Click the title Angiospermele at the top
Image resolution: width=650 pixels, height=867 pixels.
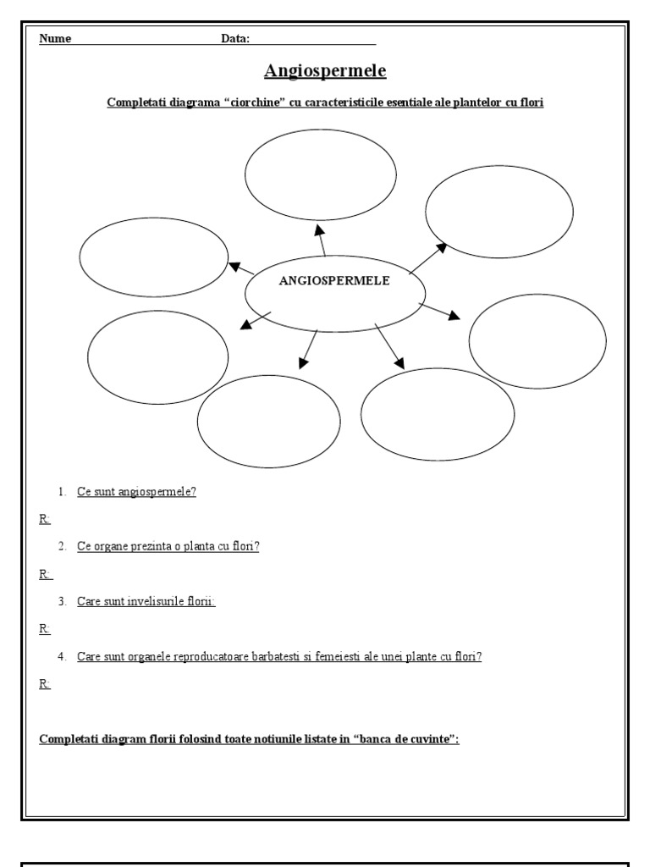pos(325,70)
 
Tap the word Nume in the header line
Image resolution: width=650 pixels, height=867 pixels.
pos(55,39)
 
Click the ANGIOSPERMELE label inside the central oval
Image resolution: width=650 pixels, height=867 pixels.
pos(334,281)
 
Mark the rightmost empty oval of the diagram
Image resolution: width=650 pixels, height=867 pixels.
pos(537,340)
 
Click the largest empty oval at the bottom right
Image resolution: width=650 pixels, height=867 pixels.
pos(438,414)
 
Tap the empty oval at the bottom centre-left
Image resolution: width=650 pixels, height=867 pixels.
pos(269,421)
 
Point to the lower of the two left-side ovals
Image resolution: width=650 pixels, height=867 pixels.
pos(158,356)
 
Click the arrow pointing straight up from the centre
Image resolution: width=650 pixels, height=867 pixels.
pos(320,239)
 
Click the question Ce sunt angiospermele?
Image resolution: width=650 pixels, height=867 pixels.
pos(136,491)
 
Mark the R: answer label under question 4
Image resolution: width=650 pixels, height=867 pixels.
pos(45,684)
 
